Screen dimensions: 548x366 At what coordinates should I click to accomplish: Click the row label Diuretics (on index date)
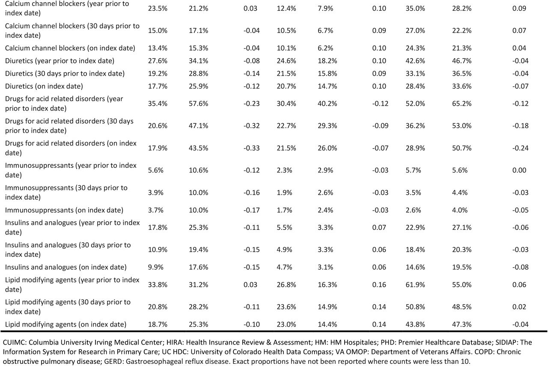(x=44, y=86)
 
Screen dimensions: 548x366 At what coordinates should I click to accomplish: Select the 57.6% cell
(x=198, y=104)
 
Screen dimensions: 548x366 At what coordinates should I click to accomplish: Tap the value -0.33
(x=251, y=148)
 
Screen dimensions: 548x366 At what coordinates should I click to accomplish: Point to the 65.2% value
(x=462, y=104)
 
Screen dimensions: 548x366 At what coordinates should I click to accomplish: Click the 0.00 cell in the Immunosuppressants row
(x=519, y=170)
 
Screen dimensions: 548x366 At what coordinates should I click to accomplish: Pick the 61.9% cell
(x=415, y=285)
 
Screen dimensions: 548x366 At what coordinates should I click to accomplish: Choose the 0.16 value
(x=379, y=285)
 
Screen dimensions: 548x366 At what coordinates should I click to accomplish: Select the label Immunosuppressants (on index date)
(x=64, y=210)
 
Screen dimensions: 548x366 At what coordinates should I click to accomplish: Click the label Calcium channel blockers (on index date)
(x=70, y=48)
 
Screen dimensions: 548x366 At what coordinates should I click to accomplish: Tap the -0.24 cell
(x=520, y=148)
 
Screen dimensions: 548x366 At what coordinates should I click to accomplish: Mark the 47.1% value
(x=198, y=126)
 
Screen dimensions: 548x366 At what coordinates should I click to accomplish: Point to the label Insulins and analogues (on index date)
(x=66, y=267)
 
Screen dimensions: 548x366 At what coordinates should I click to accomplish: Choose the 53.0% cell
(x=462, y=126)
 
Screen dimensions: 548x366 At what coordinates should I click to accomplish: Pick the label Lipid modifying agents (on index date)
(x=66, y=324)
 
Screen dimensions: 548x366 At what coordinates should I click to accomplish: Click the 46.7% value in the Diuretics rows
(x=462, y=61)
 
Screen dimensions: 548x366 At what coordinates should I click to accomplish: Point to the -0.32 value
(x=251, y=126)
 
